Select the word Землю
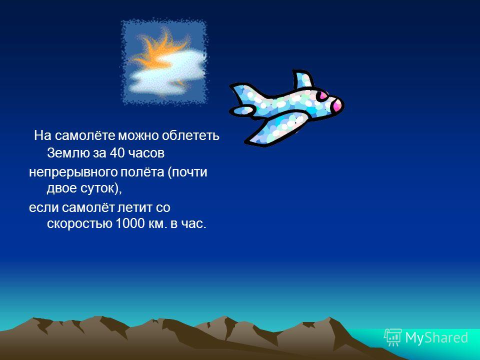pyautogui.click(x=67, y=153)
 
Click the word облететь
pyautogui.click(x=190, y=135)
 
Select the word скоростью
pyautogui.click(x=79, y=224)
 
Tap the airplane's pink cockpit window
pyautogui.click(x=322, y=96)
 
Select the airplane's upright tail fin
pyautogui.click(x=303, y=79)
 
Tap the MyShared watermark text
pyautogui.click(x=436, y=337)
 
